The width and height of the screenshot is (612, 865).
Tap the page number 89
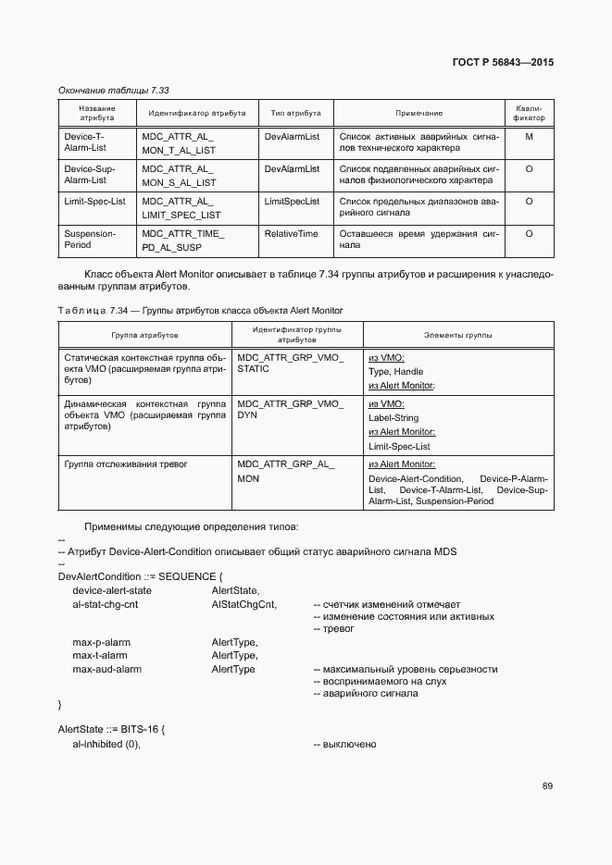click(547, 786)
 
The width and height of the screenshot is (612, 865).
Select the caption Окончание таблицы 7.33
click(113, 90)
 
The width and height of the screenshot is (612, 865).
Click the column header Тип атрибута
click(295, 113)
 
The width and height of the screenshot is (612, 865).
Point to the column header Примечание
click(418, 113)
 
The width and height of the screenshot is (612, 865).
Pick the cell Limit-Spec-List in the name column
click(94, 201)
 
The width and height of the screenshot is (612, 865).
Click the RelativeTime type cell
click(291, 234)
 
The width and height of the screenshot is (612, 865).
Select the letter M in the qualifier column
click(529, 136)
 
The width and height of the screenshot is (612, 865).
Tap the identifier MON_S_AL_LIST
click(179, 182)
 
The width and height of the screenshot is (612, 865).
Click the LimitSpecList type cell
click(292, 201)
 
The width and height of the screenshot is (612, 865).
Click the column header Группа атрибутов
click(144, 334)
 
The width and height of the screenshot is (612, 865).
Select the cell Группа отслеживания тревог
click(125, 463)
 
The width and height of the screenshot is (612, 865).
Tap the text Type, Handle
click(395, 371)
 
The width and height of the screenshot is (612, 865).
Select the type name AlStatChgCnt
click(244, 604)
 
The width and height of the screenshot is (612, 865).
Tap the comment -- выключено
click(344, 745)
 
